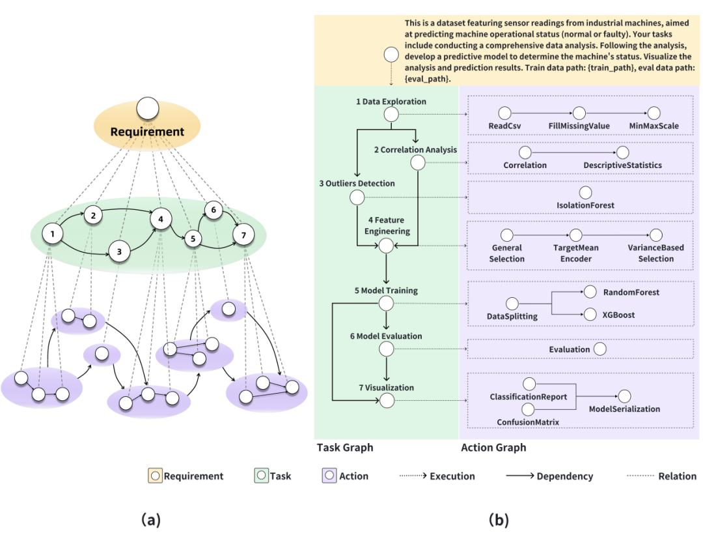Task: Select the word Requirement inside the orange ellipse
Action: pyautogui.click(x=147, y=132)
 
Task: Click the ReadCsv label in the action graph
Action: pyautogui.click(x=504, y=126)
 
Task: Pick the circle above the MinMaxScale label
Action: pyautogui.click(x=654, y=114)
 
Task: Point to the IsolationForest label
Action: pyautogui.click(x=585, y=205)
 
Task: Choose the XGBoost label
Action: pyautogui.click(x=618, y=315)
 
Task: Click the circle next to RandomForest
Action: pyautogui.click(x=590, y=293)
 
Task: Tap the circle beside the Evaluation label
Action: pyautogui.click(x=600, y=349)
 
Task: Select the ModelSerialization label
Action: pyautogui.click(x=624, y=409)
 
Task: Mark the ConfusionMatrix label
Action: pyautogui.click(x=528, y=422)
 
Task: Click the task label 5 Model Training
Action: pyautogui.click(x=386, y=291)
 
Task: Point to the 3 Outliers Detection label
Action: pyautogui.click(x=357, y=184)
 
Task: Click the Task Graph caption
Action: pyautogui.click(x=345, y=448)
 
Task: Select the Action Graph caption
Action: pyautogui.click(x=493, y=448)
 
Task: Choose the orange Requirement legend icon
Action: pyautogui.click(x=155, y=476)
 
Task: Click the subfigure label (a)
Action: pyautogui.click(x=150, y=520)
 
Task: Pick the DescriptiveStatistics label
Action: pyautogui.click(x=622, y=166)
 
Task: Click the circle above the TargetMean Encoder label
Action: pyautogui.click(x=575, y=235)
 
